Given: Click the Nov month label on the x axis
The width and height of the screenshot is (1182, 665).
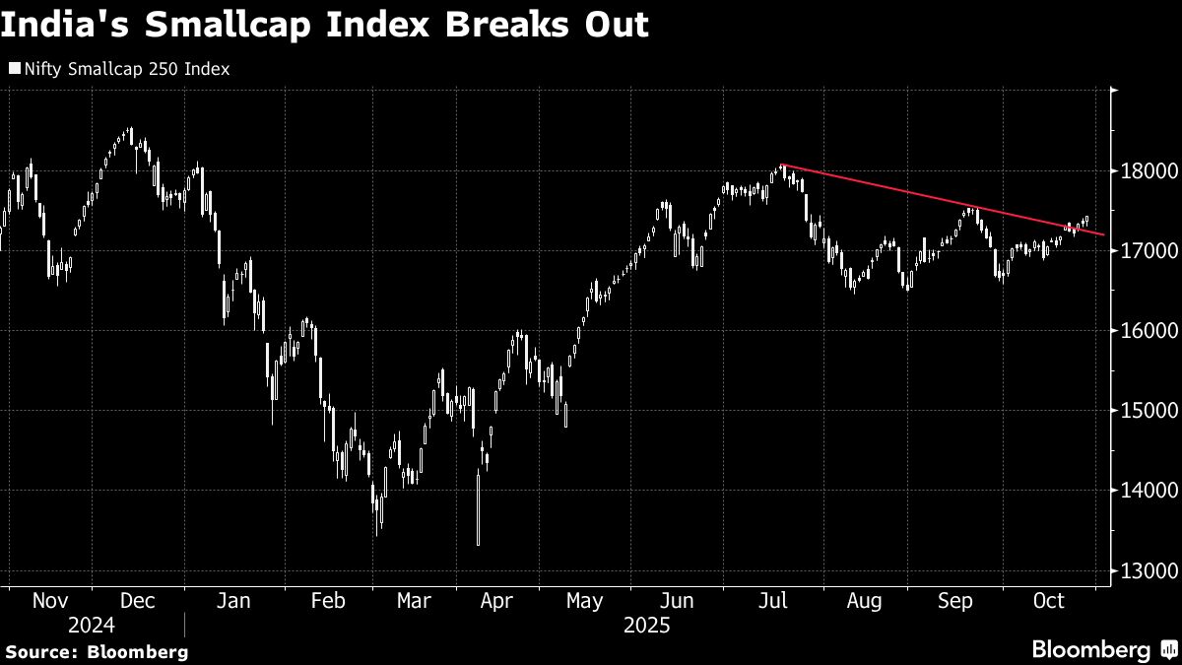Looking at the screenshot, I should pos(49,600).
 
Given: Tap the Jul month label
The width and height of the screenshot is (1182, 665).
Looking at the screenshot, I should pos(774,600).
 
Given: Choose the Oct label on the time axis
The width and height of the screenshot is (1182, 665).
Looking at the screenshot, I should pos(1048,600).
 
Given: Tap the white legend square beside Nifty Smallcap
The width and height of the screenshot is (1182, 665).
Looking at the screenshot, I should pos(14,70).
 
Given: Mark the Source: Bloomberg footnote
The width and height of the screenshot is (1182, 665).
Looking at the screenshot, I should pos(96,651).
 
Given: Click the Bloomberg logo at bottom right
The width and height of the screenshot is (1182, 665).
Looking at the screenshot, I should pos(1090,649).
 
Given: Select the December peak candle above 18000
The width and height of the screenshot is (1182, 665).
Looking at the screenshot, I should pos(130,133).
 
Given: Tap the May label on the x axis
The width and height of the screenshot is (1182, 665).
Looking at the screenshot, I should pos(585,600).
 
